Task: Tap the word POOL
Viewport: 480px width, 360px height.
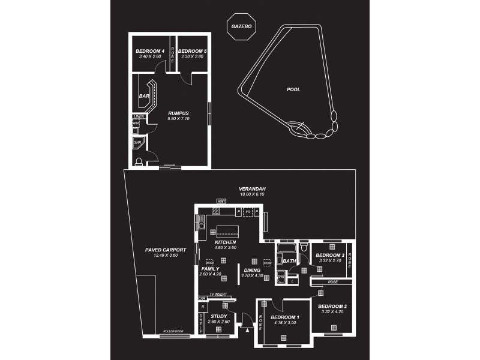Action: tap(293, 89)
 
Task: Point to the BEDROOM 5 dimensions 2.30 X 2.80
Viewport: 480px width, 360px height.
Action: tap(192, 57)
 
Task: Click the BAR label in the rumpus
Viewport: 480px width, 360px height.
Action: tap(144, 96)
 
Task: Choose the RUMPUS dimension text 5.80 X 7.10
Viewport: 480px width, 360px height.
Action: tap(178, 118)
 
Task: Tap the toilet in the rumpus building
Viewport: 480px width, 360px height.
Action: tap(139, 160)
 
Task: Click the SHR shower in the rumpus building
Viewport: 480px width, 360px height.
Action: tap(137, 143)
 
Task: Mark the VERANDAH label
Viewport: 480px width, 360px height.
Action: tap(253, 189)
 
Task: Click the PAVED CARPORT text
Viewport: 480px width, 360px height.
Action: tap(166, 250)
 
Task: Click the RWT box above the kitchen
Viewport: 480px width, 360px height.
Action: tap(221, 201)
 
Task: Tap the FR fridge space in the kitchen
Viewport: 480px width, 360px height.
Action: tap(247, 212)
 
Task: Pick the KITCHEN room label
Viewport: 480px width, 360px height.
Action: tap(226, 242)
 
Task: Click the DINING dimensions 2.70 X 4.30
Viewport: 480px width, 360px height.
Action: tap(252, 275)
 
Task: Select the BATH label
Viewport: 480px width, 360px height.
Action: tap(289, 262)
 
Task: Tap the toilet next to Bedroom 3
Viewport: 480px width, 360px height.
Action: tap(305, 248)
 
